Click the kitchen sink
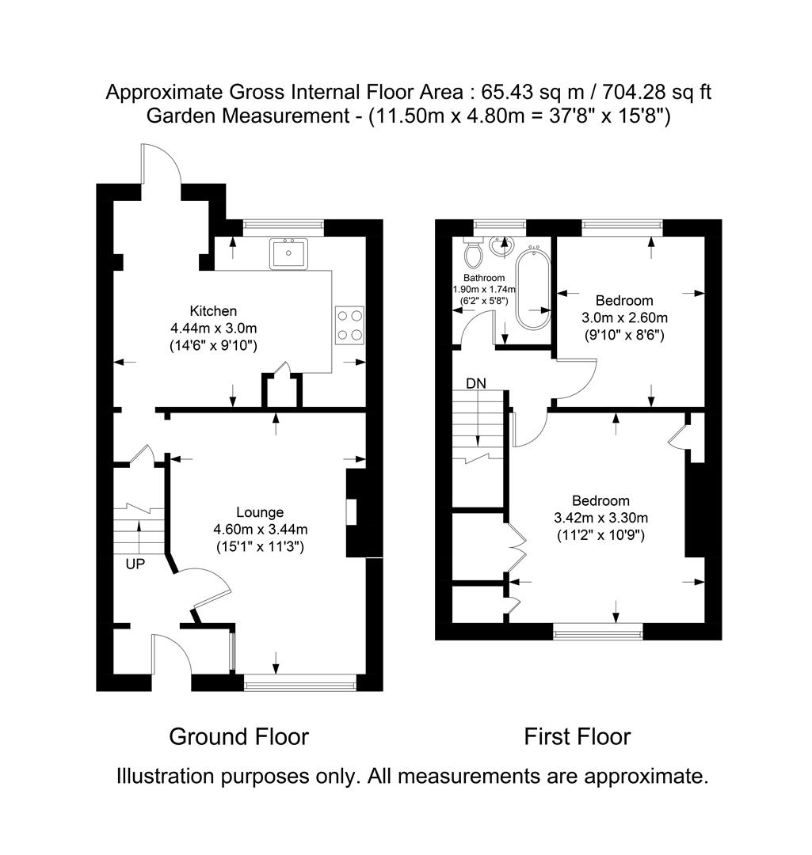pos(288,253)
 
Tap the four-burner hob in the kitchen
pos(349,324)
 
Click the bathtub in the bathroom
pos(532,288)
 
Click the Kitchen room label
pos(213,311)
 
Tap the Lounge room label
pos(260,512)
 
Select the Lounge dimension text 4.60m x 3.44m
pos(260,530)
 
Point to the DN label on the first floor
pos(476,384)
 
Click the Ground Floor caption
pos(238,737)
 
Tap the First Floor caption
pos(577,737)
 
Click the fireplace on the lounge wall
pos(353,513)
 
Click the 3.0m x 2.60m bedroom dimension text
pos(625,317)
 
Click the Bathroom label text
pos(483,278)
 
